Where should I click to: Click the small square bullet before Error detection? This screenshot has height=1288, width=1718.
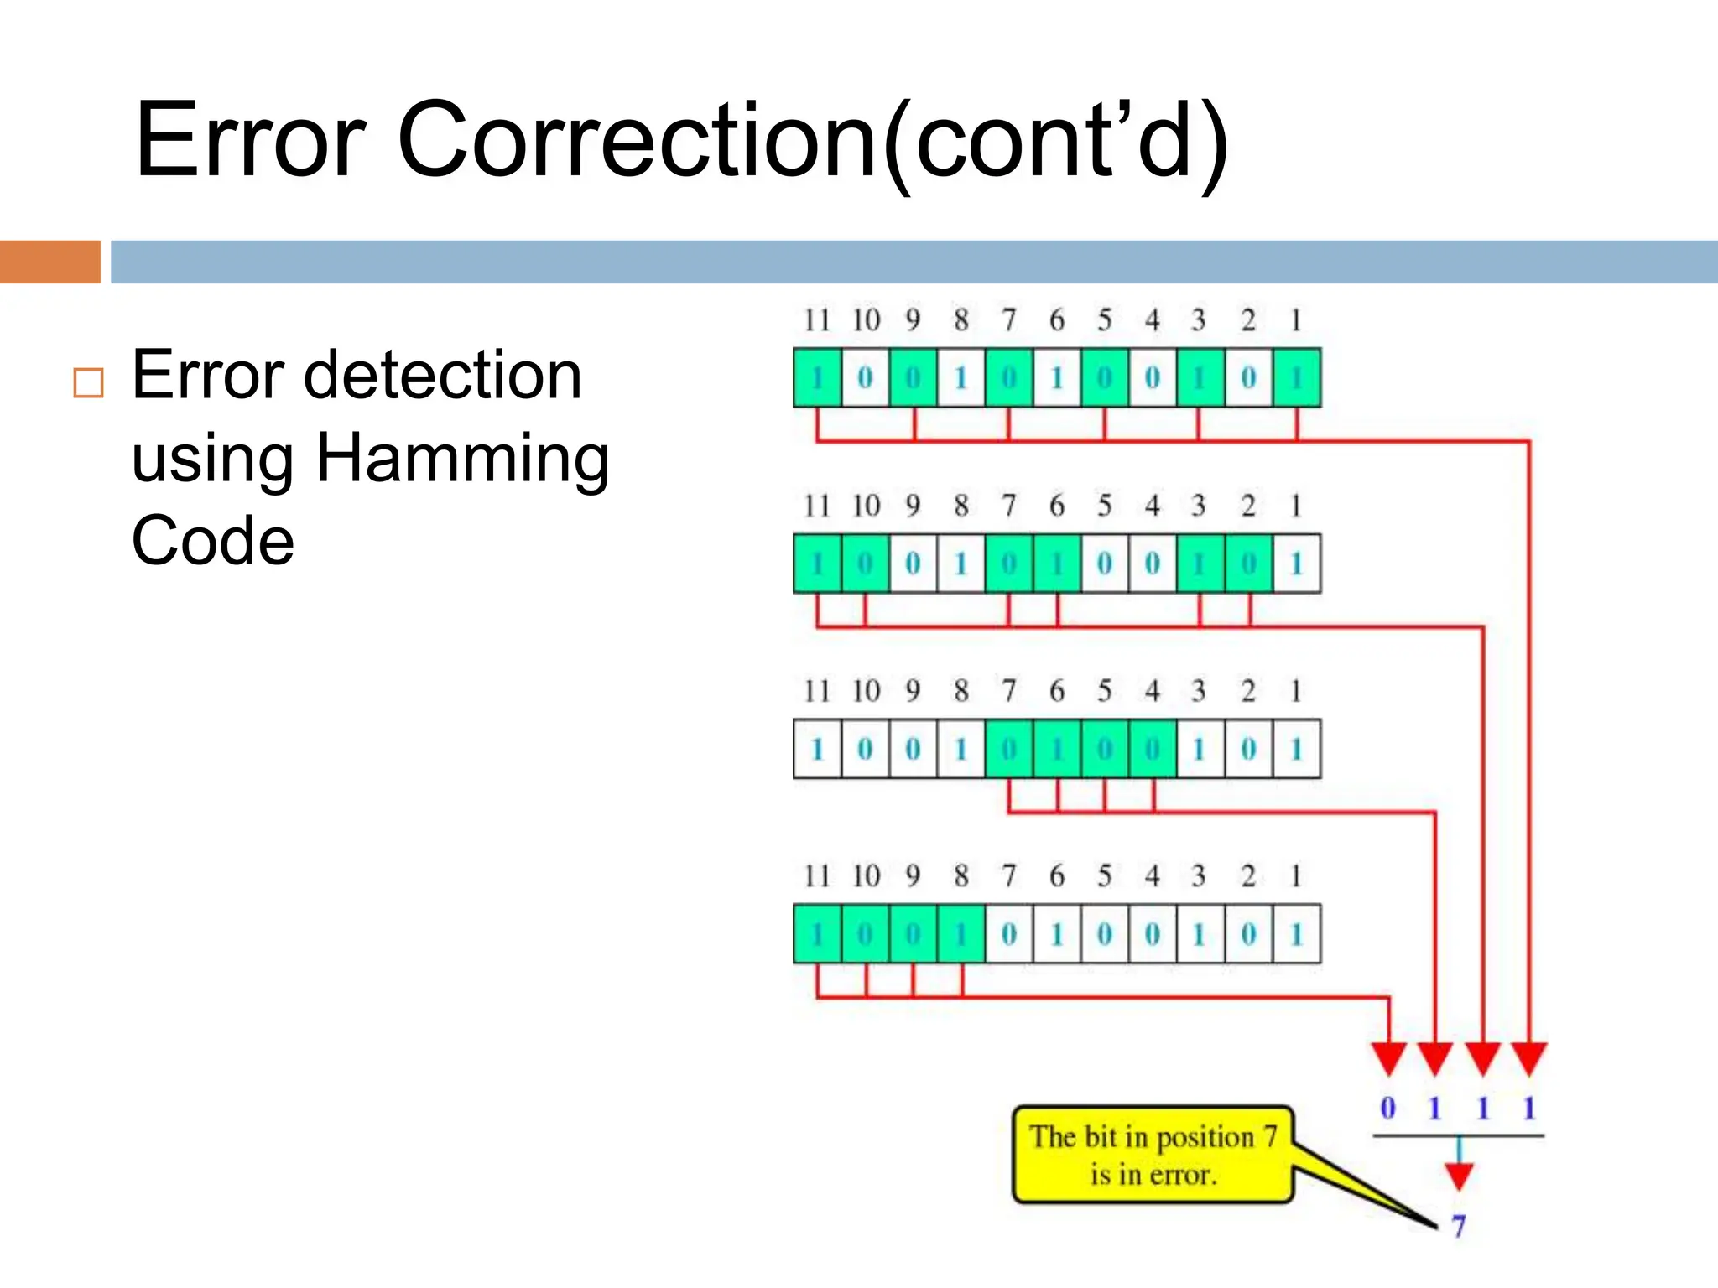(88, 382)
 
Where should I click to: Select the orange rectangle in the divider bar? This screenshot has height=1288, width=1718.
(49, 262)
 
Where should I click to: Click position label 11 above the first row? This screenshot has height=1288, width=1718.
(816, 319)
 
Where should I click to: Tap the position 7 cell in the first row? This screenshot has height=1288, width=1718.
(1008, 378)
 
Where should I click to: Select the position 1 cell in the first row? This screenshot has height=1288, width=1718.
(1296, 378)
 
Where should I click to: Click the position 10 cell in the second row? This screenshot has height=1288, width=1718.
(865, 563)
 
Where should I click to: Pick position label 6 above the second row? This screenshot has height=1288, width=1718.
(1057, 506)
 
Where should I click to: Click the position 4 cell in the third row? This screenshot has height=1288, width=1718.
(1153, 749)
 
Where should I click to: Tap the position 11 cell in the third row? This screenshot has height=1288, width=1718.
(817, 749)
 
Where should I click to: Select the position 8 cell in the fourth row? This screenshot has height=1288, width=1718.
(961, 934)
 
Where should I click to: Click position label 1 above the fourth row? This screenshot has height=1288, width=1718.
(1296, 876)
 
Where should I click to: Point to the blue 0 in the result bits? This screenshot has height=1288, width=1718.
(1388, 1108)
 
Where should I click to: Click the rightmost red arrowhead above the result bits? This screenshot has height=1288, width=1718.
(1529, 1058)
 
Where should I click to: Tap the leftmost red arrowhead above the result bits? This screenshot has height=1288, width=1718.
(1388, 1058)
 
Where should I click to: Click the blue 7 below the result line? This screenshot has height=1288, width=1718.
(1459, 1226)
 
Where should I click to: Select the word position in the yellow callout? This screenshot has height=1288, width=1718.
(1205, 1137)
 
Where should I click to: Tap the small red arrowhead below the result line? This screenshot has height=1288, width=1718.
(1459, 1176)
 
